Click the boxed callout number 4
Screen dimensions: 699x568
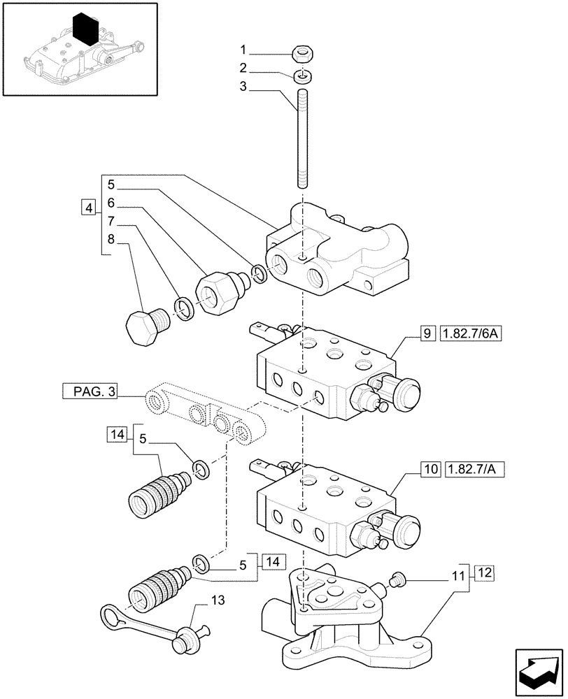click(x=87, y=208)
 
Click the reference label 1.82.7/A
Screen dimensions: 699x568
click(x=474, y=468)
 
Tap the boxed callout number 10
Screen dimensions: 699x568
click(x=428, y=468)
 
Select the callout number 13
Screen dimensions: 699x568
click(x=201, y=600)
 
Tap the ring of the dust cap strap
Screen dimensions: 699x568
click(x=111, y=616)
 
